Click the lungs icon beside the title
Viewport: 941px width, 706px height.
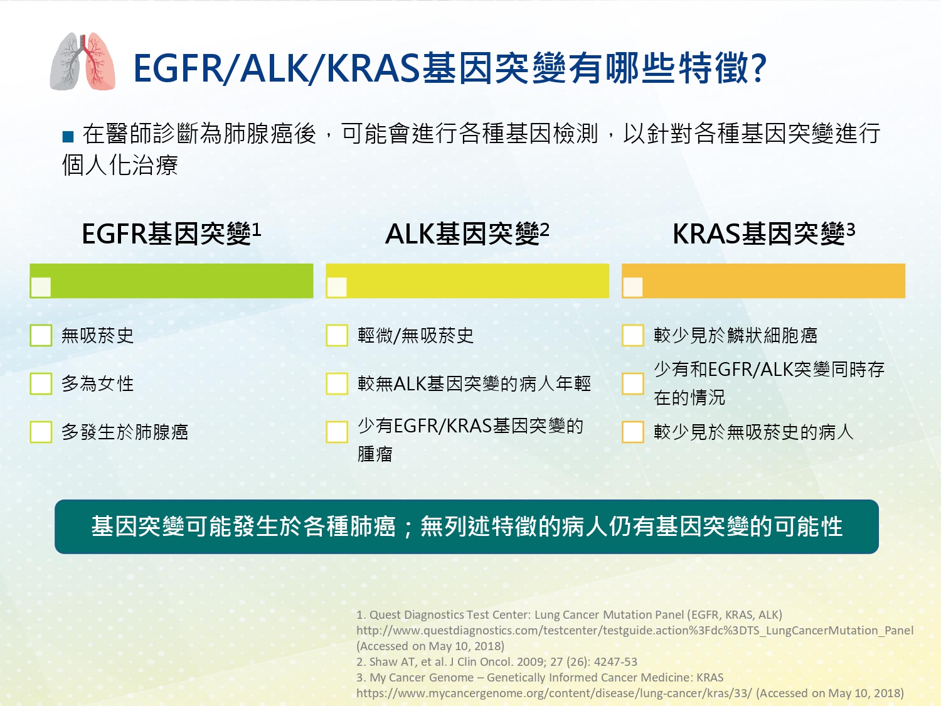(83, 61)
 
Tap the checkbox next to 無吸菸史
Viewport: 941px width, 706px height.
(41, 335)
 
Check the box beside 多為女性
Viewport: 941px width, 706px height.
(41, 383)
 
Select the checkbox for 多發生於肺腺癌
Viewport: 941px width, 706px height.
(41, 432)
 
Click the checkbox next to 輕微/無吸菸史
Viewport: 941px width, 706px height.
(337, 335)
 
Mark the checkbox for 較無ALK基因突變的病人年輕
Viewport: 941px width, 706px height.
(337, 383)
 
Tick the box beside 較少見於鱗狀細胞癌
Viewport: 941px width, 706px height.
(633, 335)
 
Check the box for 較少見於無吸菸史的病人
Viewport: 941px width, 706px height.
(633, 432)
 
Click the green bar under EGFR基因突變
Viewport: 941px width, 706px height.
(171, 281)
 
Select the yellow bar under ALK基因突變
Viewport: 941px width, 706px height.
(467, 281)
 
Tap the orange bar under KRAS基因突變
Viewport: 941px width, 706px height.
(763, 281)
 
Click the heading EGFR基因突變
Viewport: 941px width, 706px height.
(171, 233)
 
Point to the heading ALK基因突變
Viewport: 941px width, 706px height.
(467, 233)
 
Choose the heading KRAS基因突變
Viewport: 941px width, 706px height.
(764, 233)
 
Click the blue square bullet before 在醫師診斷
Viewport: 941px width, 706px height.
(68, 136)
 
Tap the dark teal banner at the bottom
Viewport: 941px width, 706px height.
(467, 527)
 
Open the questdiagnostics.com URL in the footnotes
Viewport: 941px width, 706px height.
(635, 631)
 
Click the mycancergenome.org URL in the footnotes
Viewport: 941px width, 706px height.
(554, 693)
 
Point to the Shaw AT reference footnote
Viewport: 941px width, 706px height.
(497, 662)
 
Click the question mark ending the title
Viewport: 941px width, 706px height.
(758, 68)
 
